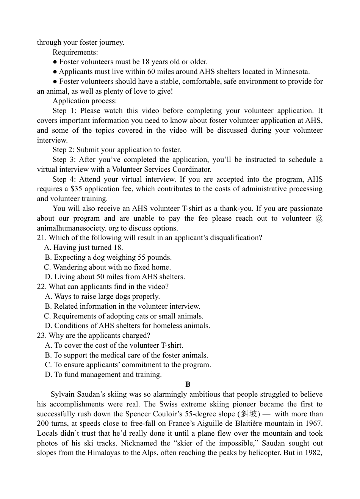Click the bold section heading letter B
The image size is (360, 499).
[x=188, y=384]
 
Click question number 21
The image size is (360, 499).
[x=41, y=238]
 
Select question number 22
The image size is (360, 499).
[x=41, y=287]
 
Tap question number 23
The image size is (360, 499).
[x=41, y=336]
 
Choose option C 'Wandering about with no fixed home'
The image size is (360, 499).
[x=108, y=267]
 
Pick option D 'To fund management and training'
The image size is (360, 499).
[x=103, y=375]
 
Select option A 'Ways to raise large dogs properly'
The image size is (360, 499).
[x=102, y=297]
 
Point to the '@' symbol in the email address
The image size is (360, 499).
[x=319, y=218]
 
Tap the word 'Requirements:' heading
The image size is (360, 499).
[x=75, y=52]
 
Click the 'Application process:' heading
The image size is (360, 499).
[x=85, y=101]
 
